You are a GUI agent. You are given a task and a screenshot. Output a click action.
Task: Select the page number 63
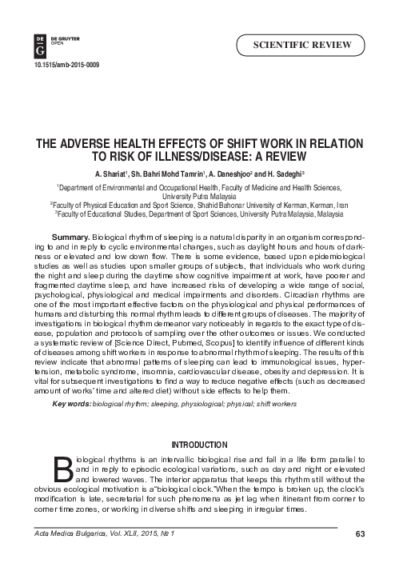(360, 534)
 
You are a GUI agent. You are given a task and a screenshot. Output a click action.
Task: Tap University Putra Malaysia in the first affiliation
(199, 195)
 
